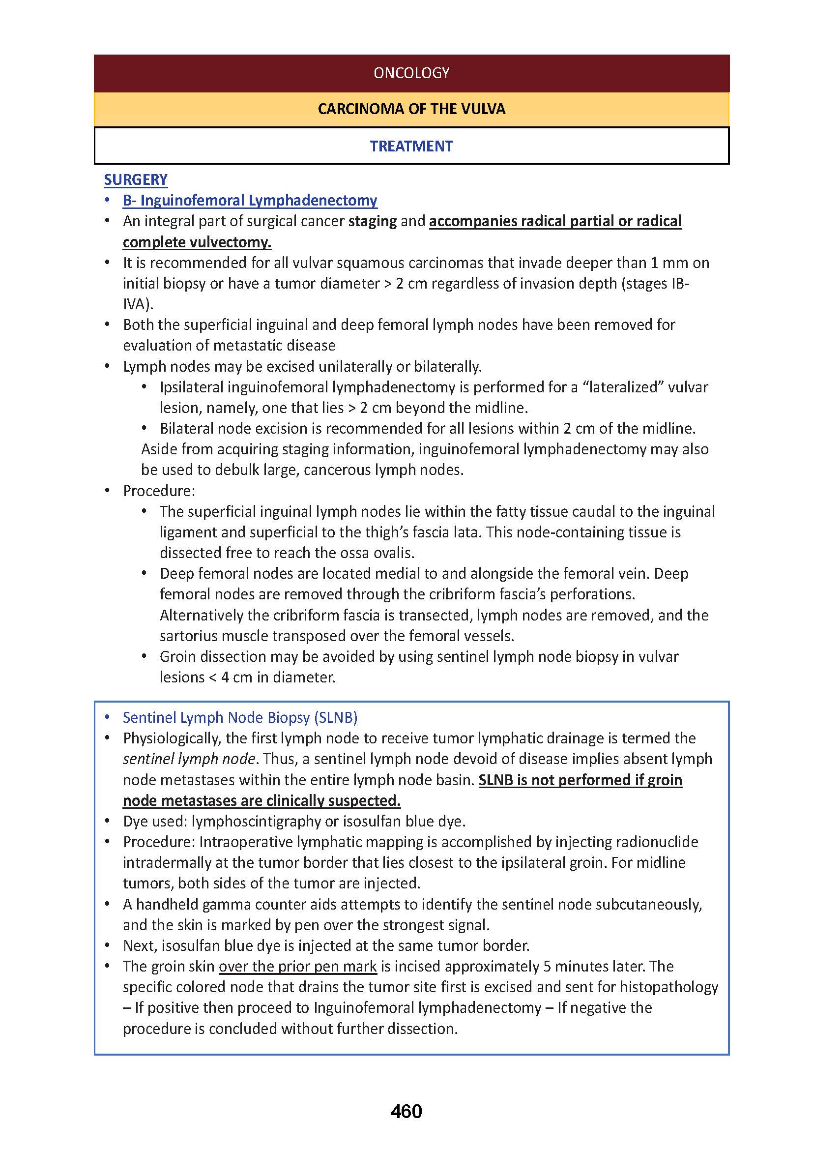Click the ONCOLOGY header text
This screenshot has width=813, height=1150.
point(411,73)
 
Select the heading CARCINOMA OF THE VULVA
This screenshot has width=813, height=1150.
point(411,109)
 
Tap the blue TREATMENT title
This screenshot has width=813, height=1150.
point(411,146)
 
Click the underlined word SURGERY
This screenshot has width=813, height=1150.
point(136,180)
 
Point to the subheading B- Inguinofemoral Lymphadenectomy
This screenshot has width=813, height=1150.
point(250,200)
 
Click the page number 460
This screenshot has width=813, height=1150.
point(406,1112)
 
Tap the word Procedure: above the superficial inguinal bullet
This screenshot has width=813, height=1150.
point(159,491)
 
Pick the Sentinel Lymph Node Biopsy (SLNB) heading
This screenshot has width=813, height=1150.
point(240,718)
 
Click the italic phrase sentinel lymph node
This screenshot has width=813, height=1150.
point(189,759)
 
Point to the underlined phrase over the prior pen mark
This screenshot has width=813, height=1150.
point(297,966)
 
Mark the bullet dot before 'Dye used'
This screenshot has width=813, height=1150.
point(107,822)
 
